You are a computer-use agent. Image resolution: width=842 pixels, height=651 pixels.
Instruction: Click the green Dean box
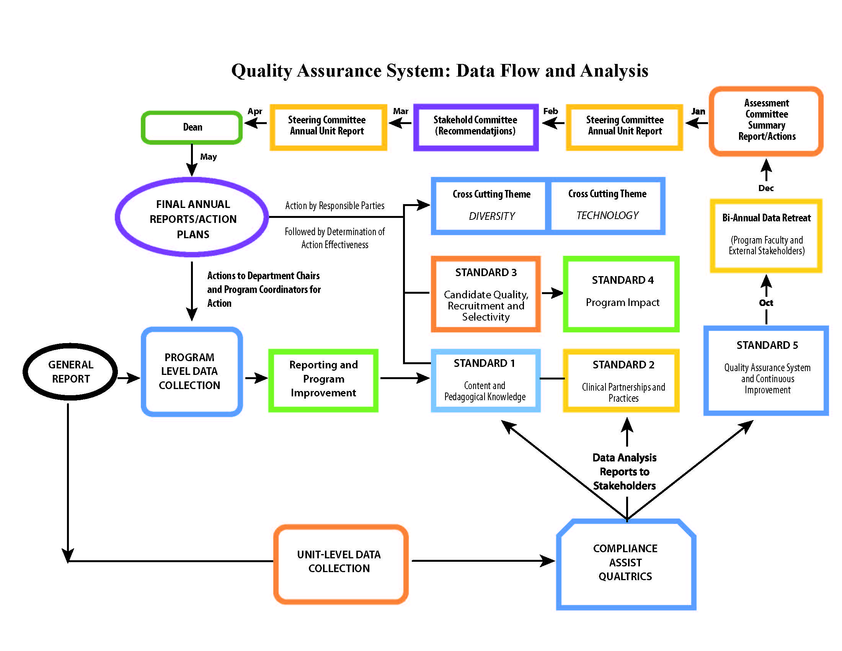pos(192,127)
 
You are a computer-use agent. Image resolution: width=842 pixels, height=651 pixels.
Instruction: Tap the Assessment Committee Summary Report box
pos(766,121)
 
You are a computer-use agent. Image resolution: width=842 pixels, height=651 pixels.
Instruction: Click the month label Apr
pos(255,111)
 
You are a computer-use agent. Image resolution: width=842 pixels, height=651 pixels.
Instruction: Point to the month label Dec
pos(766,188)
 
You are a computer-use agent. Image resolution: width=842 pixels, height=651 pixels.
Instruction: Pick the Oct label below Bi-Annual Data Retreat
pos(766,303)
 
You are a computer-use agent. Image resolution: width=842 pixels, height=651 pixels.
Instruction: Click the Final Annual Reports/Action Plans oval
pos(193,218)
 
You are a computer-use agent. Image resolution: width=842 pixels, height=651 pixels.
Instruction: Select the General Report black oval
pos(70,371)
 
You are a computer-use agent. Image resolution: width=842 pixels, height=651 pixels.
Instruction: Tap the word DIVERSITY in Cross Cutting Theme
pos(491,216)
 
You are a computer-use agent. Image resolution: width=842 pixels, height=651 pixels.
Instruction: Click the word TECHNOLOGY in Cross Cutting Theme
pos(607,216)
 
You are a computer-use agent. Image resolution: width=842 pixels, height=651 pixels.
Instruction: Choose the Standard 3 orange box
pos(485,294)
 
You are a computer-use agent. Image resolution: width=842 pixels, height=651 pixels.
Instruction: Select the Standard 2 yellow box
pos(622,381)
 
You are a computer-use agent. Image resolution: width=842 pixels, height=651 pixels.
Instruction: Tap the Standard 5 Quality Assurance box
pos(766,371)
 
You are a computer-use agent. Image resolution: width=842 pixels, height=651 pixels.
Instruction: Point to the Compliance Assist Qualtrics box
pos(625,563)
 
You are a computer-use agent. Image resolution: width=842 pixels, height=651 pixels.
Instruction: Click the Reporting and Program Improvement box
pos(323,379)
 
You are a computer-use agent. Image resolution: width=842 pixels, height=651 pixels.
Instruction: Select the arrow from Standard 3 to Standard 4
pos(552,293)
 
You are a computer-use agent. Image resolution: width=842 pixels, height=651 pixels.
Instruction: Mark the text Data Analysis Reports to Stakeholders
pos(624,472)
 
